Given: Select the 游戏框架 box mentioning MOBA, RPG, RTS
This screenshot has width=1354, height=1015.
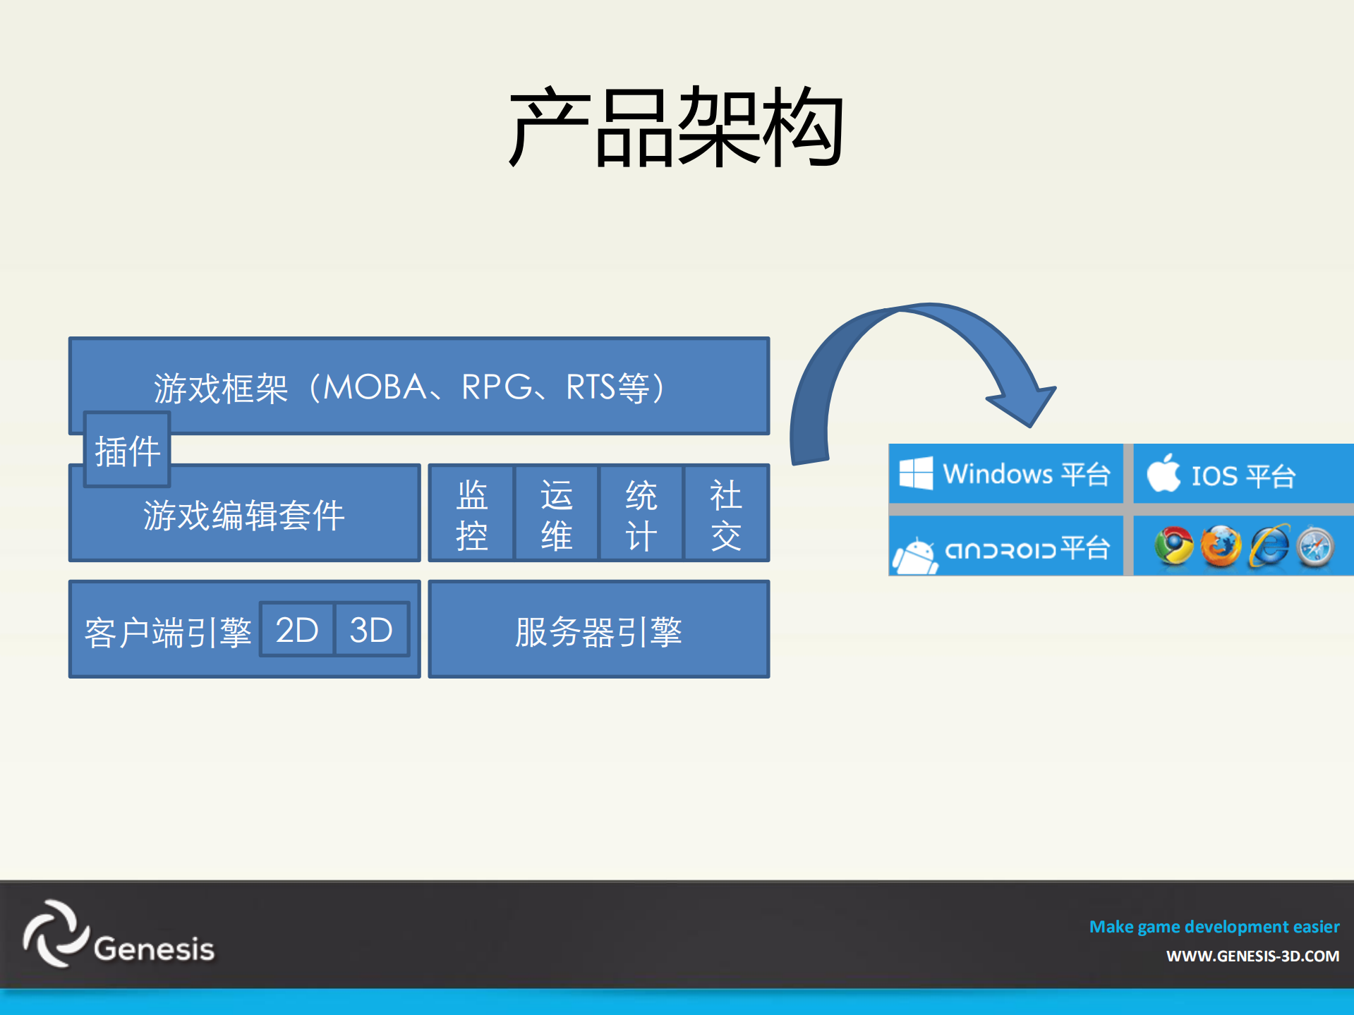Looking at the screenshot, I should (418, 386).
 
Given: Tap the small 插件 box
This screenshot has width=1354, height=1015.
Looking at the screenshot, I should (127, 450).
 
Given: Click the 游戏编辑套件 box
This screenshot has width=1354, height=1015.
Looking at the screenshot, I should (244, 515).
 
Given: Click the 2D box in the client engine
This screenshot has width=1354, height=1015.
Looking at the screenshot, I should (297, 629).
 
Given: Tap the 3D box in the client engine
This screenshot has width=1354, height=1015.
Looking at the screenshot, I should (371, 629).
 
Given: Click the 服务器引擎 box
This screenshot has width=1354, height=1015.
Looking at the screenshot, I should (598, 630).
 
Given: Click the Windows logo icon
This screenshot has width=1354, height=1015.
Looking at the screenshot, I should (916, 473).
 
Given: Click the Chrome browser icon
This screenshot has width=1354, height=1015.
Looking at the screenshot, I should (1174, 546).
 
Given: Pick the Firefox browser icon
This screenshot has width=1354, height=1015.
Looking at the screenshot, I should (1221, 546).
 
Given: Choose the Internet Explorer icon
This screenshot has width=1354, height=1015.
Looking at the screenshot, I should (1269, 546).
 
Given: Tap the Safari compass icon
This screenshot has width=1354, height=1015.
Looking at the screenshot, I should (1315, 547).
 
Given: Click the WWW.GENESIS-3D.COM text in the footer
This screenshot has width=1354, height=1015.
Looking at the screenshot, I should (1252, 956).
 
